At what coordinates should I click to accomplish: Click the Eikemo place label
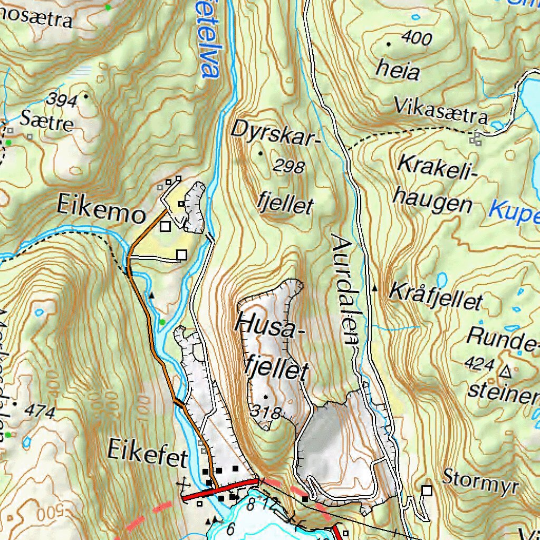[101, 215]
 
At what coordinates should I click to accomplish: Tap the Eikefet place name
[147, 452]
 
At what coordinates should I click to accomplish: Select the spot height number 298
[289, 167]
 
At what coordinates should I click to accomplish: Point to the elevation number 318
[265, 412]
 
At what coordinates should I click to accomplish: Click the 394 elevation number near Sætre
[62, 100]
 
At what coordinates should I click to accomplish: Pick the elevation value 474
[40, 412]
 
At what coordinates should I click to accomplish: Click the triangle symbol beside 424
[506, 372]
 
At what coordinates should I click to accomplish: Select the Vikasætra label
[441, 110]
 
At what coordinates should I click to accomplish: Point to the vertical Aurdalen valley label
[345, 289]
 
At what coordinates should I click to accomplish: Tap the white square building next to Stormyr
[427, 491]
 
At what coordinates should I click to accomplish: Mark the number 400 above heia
[416, 38]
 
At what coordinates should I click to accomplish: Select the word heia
[398, 70]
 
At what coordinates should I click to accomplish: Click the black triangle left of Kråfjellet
[375, 288]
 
